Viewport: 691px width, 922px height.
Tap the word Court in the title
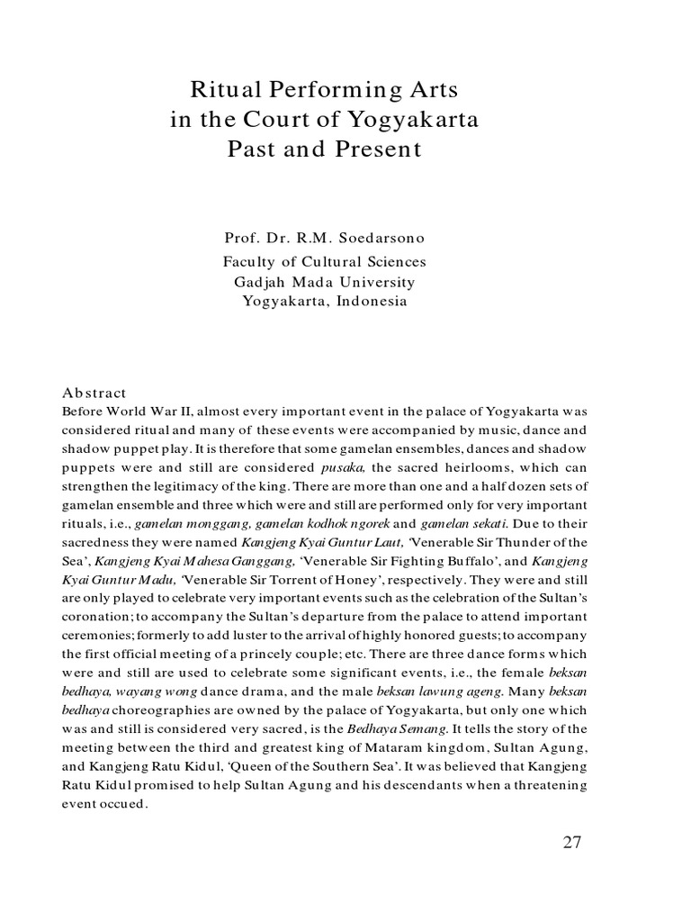click(x=274, y=120)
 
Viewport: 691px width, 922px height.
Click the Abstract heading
click(x=94, y=393)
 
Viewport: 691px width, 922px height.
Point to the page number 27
click(x=571, y=843)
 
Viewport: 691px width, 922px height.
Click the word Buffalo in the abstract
click(x=430, y=562)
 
